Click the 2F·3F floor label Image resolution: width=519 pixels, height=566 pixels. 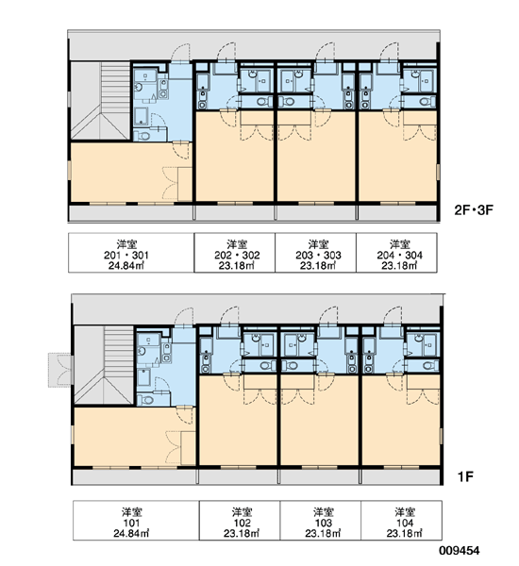point(474,209)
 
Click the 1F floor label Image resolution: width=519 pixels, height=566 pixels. point(465,476)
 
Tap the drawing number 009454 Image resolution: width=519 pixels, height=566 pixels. point(460,551)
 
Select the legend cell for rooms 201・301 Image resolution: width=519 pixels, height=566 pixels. point(131,253)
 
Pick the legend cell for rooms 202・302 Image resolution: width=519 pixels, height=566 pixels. point(235,253)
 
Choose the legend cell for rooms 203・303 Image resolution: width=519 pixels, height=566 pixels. point(316,253)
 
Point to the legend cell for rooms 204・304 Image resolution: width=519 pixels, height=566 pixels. point(396,253)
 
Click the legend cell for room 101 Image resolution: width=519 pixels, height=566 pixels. point(136,520)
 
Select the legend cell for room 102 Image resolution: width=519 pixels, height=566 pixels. point(240,520)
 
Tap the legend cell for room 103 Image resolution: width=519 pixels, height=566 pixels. point(321,520)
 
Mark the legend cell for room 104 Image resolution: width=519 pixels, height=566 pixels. point(402,520)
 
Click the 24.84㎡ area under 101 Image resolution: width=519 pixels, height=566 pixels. point(131,533)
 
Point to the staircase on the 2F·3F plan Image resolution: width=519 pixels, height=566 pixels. point(100,100)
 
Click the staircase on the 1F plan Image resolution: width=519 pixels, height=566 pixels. point(104,365)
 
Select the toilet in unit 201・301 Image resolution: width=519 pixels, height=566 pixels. point(143,136)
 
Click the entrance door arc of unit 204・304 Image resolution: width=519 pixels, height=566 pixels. point(390,51)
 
